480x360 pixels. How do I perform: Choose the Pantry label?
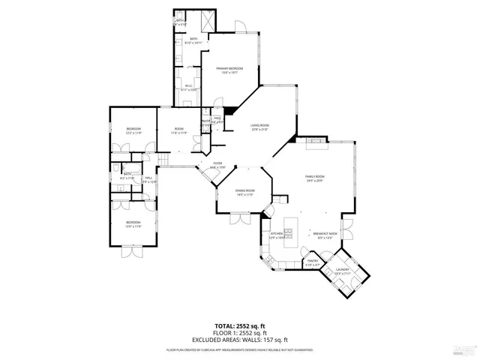pos(313,262)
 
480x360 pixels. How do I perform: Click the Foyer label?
pos(218,164)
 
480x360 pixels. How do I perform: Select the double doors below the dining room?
pos(241,219)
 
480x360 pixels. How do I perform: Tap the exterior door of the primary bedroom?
pos(241,29)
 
